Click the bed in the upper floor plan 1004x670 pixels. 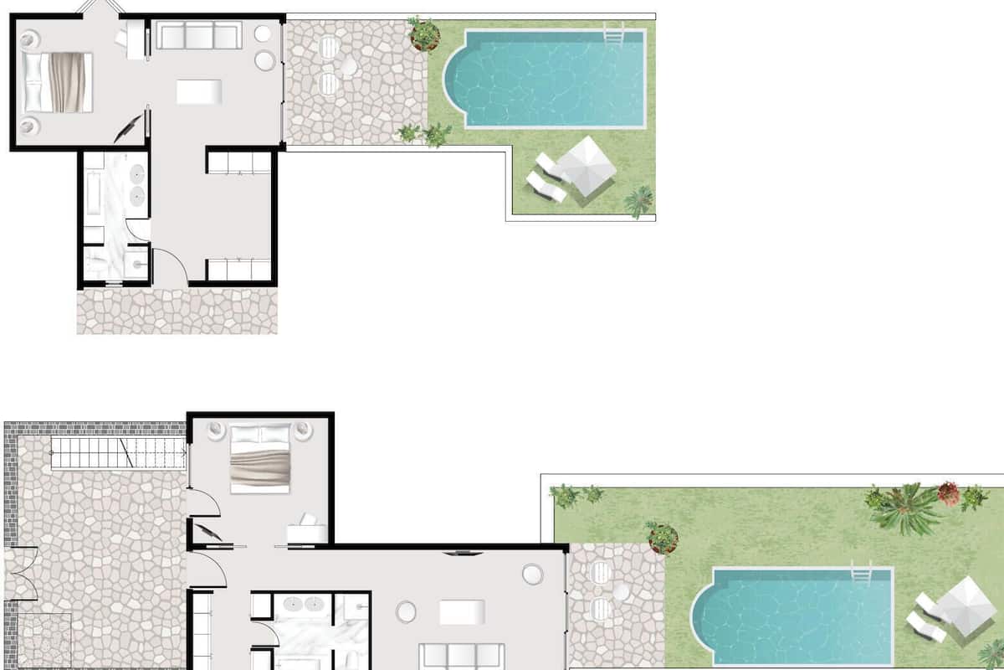pyautogui.click(x=57, y=82)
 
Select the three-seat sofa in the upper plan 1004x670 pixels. pyautogui.click(x=198, y=35)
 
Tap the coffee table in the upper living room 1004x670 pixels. pyautogui.click(x=199, y=91)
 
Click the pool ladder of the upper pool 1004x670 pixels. pyautogui.click(x=613, y=35)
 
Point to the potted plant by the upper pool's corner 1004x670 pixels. pyautogui.click(x=424, y=33)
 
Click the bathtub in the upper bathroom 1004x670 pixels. pyautogui.click(x=94, y=198)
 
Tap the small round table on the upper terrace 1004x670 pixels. pyautogui.click(x=348, y=66)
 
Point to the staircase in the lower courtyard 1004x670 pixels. pyautogui.click(x=118, y=453)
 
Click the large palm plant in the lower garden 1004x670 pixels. pyautogui.click(x=907, y=508)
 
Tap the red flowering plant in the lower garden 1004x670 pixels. pyautogui.click(x=949, y=493)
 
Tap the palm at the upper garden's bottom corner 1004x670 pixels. pyautogui.click(x=639, y=201)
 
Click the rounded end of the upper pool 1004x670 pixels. pyautogui.click(x=456, y=79)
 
